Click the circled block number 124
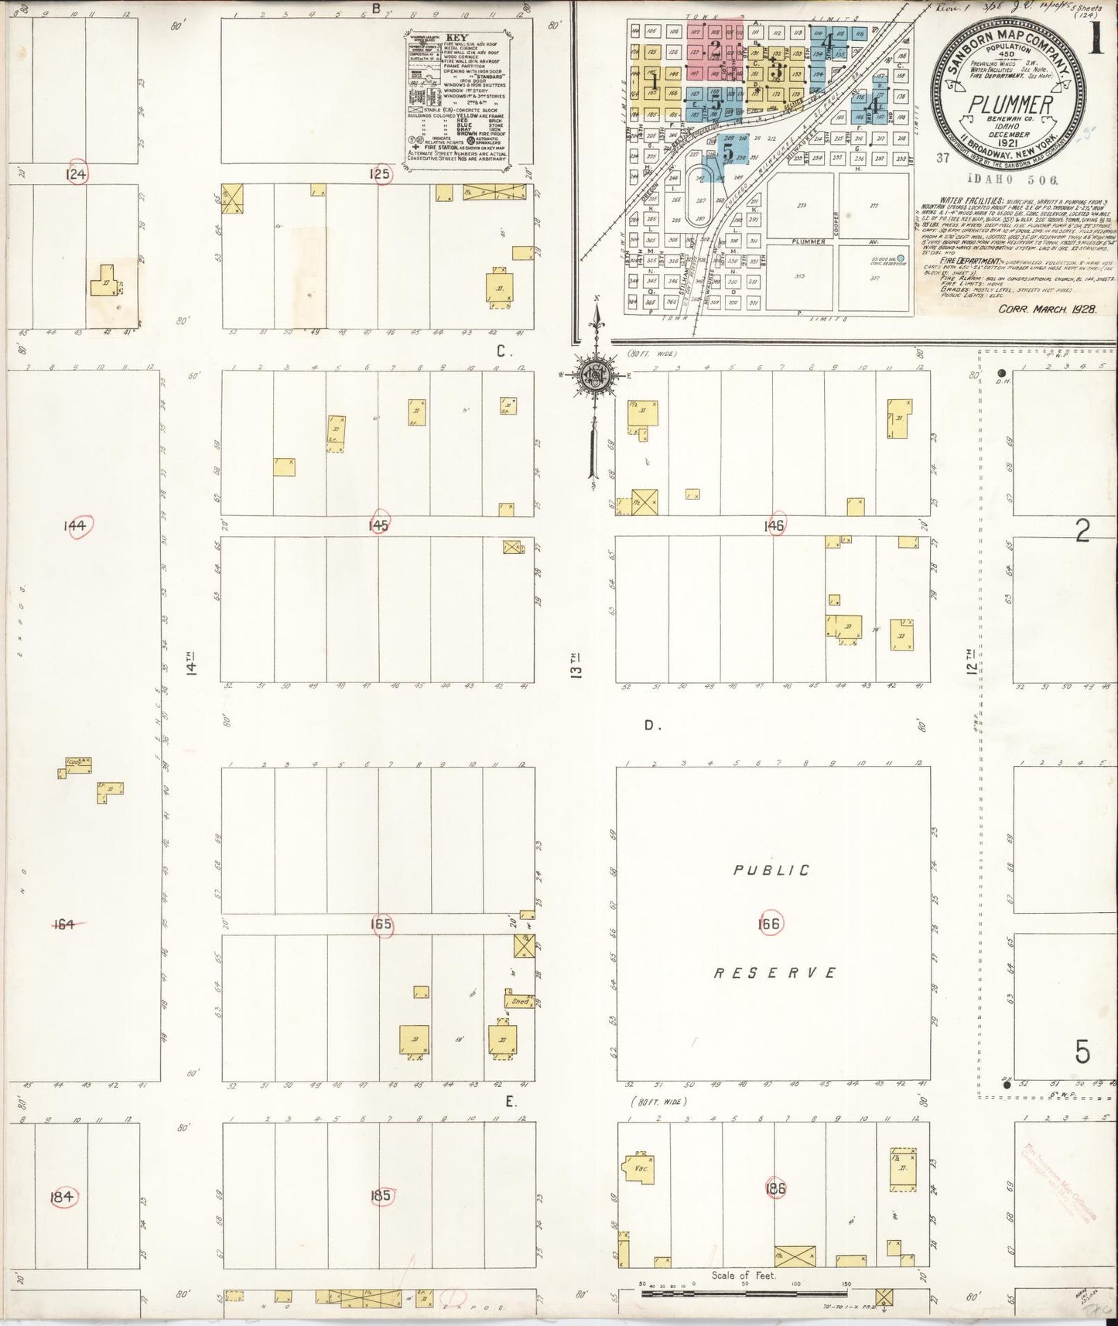[x=77, y=173]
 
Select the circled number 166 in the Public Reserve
[x=770, y=923]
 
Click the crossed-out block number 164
[x=62, y=923]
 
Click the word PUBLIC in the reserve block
[x=771, y=870]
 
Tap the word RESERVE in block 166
[x=774, y=973]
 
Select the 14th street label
[x=191, y=664]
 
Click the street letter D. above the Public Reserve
[x=651, y=726]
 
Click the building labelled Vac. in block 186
[x=639, y=1167]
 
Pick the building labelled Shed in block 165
[x=520, y=1001]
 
